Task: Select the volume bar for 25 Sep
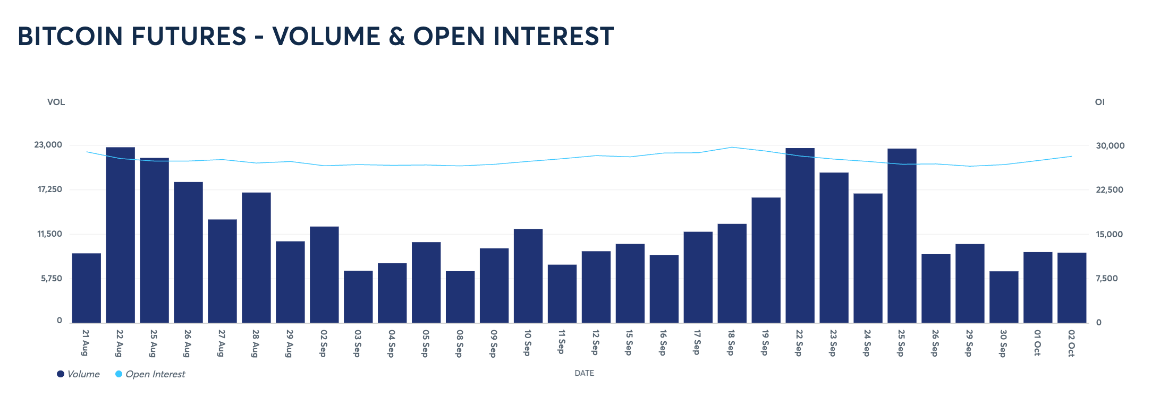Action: pyautogui.click(x=902, y=236)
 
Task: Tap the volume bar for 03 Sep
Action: pyautogui.click(x=358, y=297)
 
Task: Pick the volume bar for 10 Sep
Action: pyautogui.click(x=528, y=276)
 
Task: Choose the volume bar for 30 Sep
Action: pyautogui.click(x=1004, y=297)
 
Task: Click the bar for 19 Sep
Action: pyautogui.click(x=766, y=260)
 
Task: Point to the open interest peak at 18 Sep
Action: pyautogui.click(x=732, y=147)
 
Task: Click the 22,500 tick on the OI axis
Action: pyautogui.click(x=1110, y=190)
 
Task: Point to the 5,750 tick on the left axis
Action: pyautogui.click(x=52, y=279)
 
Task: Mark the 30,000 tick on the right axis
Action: pyautogui.click(x=1110, y=146)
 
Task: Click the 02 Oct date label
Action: pyautogui.click(x=1071, y=343)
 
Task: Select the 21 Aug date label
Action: pyautogui.click(x=86, y=343)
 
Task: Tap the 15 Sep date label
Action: pyautogui.click(x=629, y=343)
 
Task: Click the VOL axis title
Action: pyautogui.click(x=56, y=102)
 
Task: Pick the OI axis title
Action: pyautogui.click(x=1099, y=102)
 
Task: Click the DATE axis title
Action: pyautogui.click(x=584, y=373)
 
